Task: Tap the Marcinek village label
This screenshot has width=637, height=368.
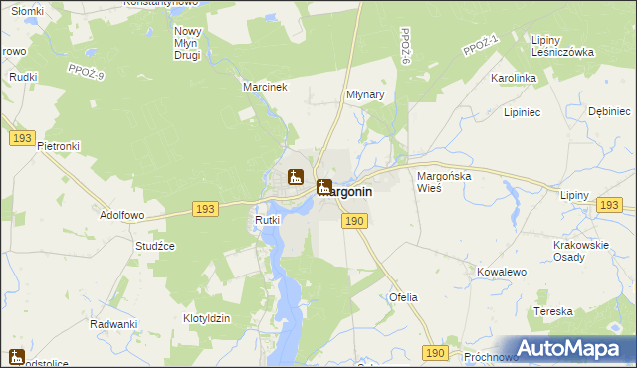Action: (265, 87)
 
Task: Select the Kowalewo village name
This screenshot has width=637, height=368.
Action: (501, 272)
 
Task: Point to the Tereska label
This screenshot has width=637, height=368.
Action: (553, 311)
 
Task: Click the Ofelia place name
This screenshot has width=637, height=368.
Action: (403, 297)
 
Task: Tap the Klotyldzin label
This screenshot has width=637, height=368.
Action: (207, 318)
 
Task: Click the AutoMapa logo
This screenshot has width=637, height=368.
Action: (576, 347)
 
